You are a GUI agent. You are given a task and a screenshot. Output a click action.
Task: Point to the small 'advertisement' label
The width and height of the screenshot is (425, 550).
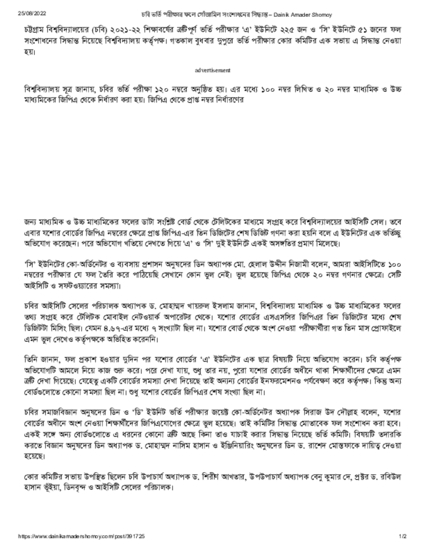213,70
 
